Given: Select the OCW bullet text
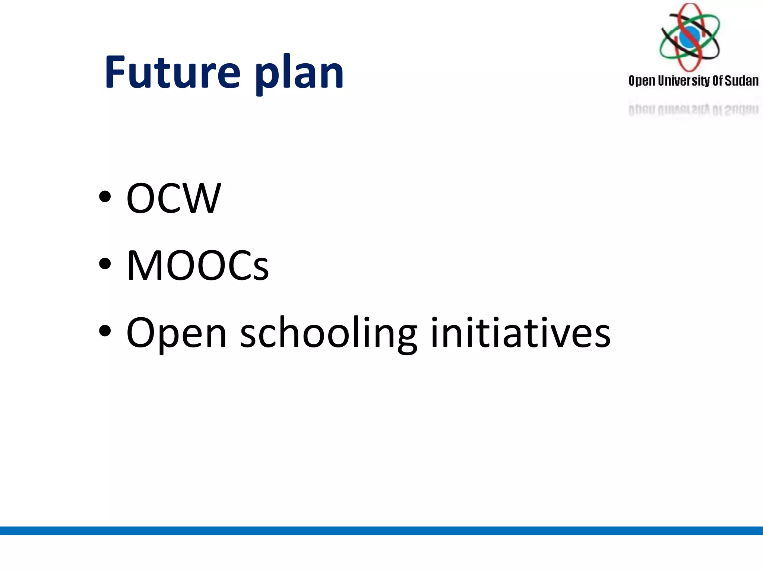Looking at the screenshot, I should pyautogui.click(x=174, y=198).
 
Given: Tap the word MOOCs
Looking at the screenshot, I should pyautogui.click(x=197, y=265).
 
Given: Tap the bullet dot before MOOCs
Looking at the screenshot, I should pyautogui.click(x=105, y=263).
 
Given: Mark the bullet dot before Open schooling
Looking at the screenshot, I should pyautogui.click(x=105, y=331).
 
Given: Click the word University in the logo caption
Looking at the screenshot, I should pyautogui.click(x=684, y=81).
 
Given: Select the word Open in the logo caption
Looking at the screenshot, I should pyautogui.click(x=642, y=81).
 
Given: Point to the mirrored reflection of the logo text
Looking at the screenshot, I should pyautogui.click(x=693, y=109).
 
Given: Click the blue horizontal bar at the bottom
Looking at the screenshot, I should pyautogui.click(x=381, y=530).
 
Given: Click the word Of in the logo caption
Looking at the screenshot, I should pyautogui.click(x=718, y=81).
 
